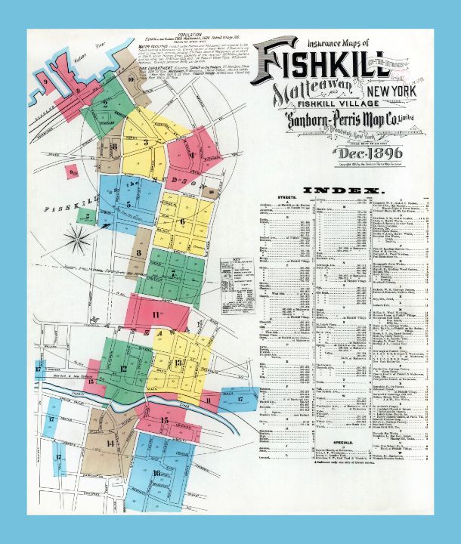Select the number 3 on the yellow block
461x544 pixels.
click(145, 141)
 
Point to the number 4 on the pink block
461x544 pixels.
click(192, 156)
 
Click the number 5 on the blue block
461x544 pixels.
click(129, 203)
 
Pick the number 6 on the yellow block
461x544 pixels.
click(182, 221)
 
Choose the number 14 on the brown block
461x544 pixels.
click(110, 444)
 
